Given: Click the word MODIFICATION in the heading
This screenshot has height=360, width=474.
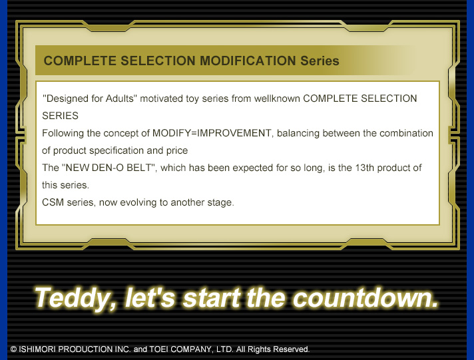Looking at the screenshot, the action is pos(248,61).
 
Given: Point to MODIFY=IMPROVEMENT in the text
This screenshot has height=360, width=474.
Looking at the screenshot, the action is pos(212,133).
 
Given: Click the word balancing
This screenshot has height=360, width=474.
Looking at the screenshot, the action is pos(298,133).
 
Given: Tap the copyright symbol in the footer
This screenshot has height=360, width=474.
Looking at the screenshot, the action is pos(13,349).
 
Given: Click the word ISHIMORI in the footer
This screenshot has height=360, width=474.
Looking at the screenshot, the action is pos(37,349).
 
